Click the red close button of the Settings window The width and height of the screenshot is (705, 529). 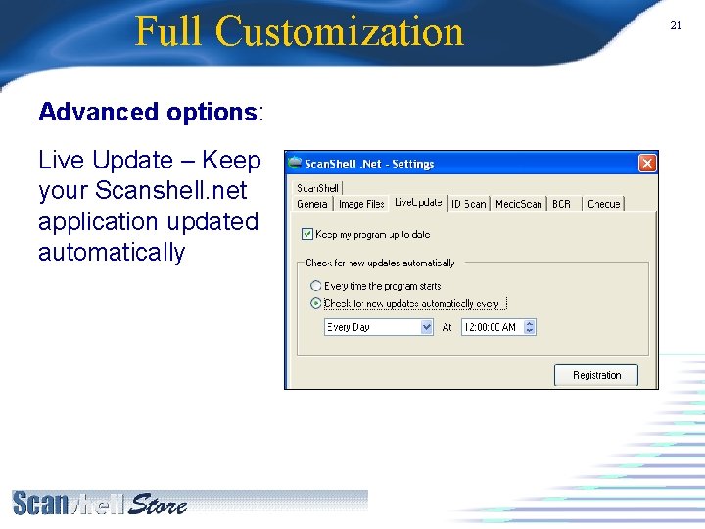647,164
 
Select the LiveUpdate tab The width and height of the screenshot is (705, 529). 418,203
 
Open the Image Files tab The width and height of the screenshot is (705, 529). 361,204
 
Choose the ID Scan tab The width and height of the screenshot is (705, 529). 468,204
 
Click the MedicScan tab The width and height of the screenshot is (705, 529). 518,204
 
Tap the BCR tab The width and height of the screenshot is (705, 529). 561,204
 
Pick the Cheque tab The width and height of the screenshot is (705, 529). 603,204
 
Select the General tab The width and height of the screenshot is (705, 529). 312,204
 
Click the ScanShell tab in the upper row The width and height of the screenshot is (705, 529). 317,188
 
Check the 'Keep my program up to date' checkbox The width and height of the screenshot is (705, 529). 307,235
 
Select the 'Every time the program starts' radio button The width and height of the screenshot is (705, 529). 315,286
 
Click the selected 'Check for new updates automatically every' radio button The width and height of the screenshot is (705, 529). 315,304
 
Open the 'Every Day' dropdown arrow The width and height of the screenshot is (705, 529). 426,327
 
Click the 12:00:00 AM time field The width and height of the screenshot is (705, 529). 491,327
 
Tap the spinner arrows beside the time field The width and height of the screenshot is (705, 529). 530,327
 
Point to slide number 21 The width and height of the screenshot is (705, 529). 676,25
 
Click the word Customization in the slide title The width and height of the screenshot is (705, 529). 340,31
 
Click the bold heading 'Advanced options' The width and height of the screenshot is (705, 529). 147,112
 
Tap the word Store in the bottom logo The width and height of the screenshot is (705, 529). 158,505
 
